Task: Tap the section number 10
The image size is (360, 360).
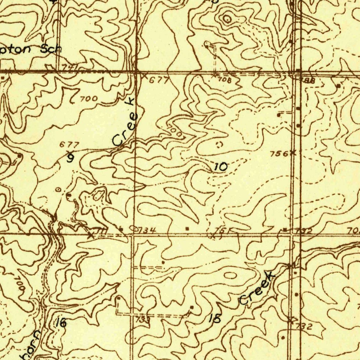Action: click(221, 167)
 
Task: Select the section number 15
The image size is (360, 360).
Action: click(215, 319)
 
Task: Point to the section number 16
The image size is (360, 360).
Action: click(61, 322)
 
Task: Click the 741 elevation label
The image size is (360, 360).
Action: click(69, 67)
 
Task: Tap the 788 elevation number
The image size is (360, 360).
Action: click(308, 81)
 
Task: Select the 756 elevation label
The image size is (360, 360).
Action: click(279, 154)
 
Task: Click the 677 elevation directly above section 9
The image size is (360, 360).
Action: click(69, 144)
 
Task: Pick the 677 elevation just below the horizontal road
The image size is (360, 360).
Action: click(159, 81)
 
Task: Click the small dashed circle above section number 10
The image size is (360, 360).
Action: click(219, 144)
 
